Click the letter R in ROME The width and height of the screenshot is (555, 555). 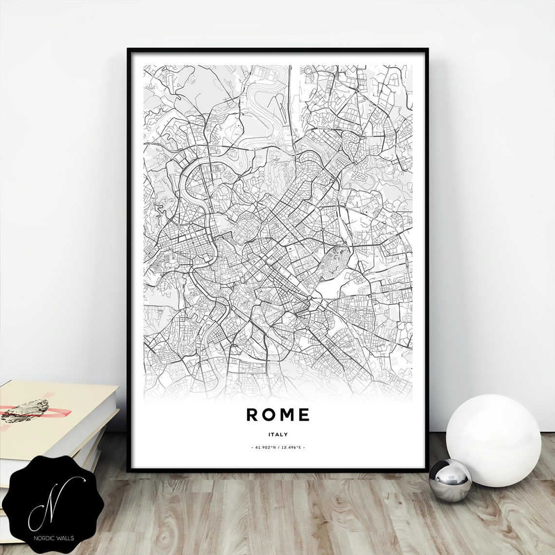pos(252,415)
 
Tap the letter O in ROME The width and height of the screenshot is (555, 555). pos(270,415)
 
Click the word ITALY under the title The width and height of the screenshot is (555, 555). pos(278,434)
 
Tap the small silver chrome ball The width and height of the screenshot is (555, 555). pos(450,480)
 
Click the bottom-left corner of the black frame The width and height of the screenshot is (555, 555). pos(129,471)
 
